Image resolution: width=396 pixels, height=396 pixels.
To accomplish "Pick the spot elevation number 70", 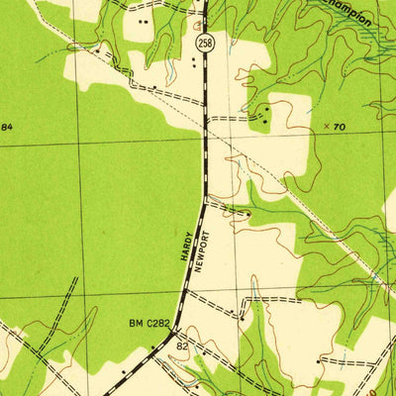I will point(340,127).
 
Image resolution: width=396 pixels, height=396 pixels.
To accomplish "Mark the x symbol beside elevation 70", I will point(327,127).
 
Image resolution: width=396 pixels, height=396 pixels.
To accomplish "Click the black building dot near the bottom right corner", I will point(319,362).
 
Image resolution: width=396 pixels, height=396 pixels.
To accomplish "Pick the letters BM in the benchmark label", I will point(136,323).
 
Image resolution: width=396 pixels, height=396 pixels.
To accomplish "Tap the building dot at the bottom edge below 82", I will point(196,384).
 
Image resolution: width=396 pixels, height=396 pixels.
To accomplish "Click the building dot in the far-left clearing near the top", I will point(97,47).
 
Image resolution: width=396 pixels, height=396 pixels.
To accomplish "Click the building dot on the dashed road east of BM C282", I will point(242,317).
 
